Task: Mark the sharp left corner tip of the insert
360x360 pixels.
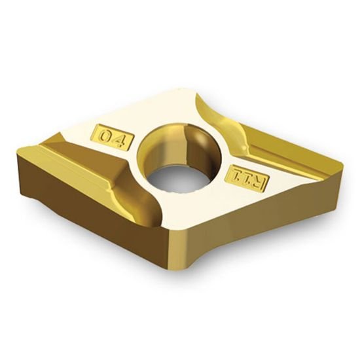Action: tap(20, 147)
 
